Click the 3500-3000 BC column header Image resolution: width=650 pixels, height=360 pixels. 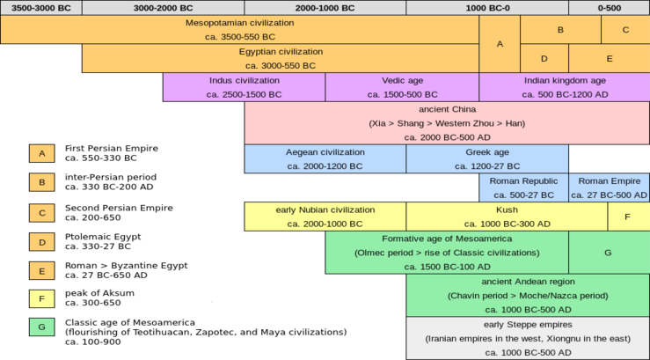pyautogui.click(x=41, y=8)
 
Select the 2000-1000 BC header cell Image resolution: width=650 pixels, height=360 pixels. pyautogui.click(x=325, y=8)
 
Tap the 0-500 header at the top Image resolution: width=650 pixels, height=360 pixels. pyautogui.click(x=610, y=8)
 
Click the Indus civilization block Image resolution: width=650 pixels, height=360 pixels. pyautogui.click(x=245, y=87)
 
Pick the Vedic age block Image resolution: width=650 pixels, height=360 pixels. pyautogui.click(x=402, y=87)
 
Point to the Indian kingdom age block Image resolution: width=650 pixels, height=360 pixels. pyautogui.click(x=565, y=87)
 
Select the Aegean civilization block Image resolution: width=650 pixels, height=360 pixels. pyautogui.click(x=325, y=158)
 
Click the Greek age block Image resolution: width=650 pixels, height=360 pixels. pyautogui.click(x=487, y=158)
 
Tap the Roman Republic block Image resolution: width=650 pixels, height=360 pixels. pyautogui.click(x=524, y=187)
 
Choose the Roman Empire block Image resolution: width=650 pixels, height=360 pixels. pyautogui.click(x=610, y=187)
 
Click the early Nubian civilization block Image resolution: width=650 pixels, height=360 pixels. pyautogui.click(x=325, y=217)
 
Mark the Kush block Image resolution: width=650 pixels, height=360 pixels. pyautogui.click(x=507, y=217)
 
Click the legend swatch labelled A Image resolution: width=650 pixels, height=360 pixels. pyautogui.click(x=42, y=153)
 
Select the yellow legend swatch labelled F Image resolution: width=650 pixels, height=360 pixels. pyautogui.click(x=42, y=298)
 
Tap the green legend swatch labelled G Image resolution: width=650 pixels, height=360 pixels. pyautogui.click(x=42, y=327)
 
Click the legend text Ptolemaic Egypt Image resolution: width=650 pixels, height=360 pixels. pyautogui.click(x=103, y=237)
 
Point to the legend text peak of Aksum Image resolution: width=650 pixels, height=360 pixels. pyautogui.click(x=99, y=293)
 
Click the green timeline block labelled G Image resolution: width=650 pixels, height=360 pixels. pyautogui.click(x=610, y=253)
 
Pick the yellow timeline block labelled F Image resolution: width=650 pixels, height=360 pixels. pyautogui.click(x=629, y=217)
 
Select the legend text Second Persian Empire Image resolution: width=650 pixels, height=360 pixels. pyautogui.click(x=119, y=208)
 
